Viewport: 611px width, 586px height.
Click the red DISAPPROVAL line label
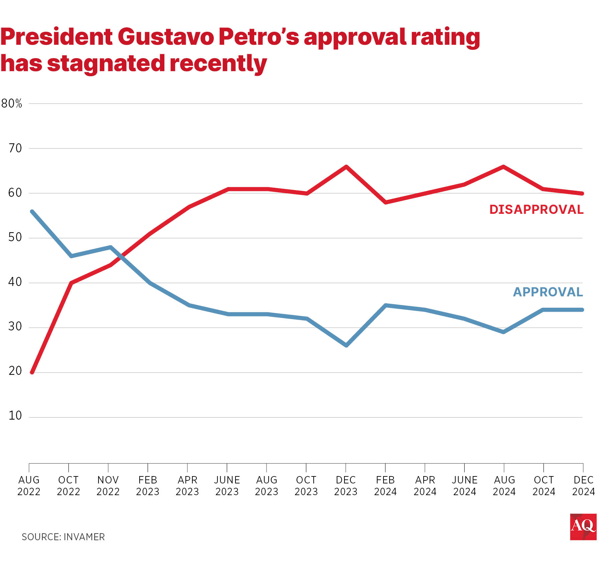536,209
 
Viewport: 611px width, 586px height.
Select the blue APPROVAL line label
548,292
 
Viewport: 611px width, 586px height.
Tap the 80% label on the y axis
12,104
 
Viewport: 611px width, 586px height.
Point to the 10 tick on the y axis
15,416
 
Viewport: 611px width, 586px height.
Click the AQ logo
583,527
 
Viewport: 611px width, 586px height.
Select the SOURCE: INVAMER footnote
63,537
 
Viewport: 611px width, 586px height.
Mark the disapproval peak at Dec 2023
346,167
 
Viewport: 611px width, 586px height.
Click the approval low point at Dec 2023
346,345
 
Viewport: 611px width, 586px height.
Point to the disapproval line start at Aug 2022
32,372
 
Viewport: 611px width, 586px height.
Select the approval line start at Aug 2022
32,211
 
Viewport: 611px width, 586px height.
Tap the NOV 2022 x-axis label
108,486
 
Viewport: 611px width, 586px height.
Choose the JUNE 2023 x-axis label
227,486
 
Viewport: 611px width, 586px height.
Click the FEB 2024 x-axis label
385,486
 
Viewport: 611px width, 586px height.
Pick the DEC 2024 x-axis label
583,486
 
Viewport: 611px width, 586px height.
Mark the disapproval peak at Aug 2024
503,167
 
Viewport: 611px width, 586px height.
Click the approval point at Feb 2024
386,305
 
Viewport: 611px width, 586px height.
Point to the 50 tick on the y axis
15,237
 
